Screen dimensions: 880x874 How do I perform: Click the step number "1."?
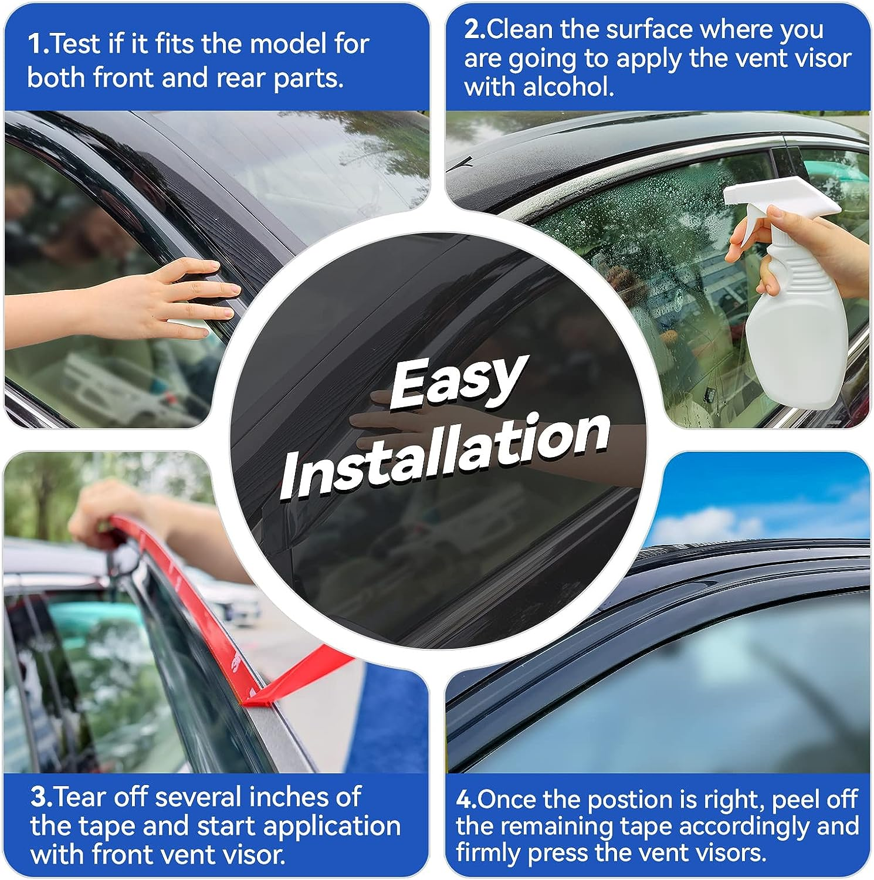click(39, 44)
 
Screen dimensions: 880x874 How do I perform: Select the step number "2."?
click(475, 29)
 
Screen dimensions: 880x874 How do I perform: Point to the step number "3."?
click(42, 797)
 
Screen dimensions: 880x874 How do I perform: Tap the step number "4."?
click(466, 799)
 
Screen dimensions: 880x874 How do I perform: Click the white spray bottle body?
click(798, 329)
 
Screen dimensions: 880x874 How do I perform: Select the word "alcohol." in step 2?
click(568, 87)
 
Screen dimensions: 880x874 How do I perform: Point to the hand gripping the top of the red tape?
click(103, 510)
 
